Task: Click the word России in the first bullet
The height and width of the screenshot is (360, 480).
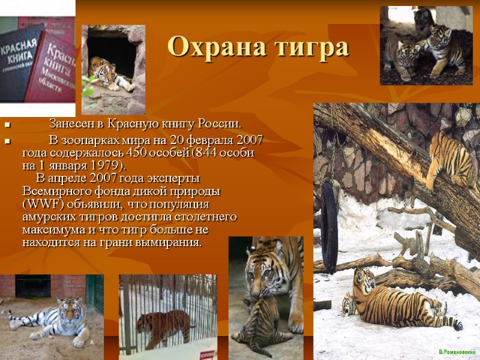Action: tap(219, 124)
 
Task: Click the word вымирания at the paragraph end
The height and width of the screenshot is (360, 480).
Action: tap(171, 243)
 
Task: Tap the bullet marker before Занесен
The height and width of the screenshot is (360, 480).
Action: tap(7, 125)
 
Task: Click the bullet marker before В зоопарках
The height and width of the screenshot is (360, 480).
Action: tap(7, 142)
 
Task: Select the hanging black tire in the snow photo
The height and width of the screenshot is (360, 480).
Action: tap(329, 219)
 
